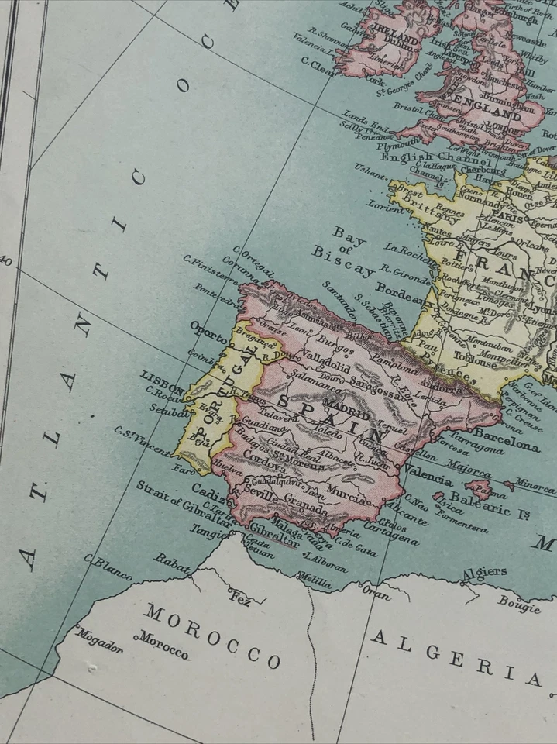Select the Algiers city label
[x=484, y=572]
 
